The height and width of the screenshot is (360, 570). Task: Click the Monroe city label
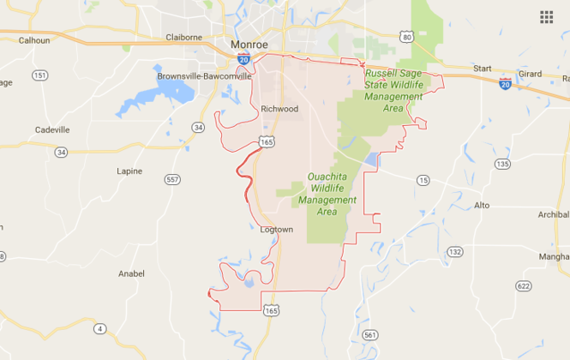tap(250, 45)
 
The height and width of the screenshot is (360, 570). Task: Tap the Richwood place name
tap(279, 109)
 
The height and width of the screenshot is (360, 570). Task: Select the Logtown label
tap(276, 230)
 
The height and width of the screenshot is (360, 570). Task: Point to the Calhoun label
tap(34, 40)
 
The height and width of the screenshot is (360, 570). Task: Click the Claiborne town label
tap(183, 37)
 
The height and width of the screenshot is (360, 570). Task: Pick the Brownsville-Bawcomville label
tap(204, 76)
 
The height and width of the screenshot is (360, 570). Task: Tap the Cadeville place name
tap(52, 129)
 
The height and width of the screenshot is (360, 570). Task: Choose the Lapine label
tap(129, 171)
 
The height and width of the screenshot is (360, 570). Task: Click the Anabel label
tap(131, 274)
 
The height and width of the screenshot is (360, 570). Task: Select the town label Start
tap(483, 69)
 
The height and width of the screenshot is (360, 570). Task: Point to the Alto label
tap(482, 206)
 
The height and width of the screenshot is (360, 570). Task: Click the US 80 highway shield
tap(407, 36)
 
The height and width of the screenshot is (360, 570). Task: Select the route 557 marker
tap(172, 179)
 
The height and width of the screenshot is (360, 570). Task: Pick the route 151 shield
tap(39, 75)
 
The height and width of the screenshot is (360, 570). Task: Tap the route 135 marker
tap(502, 163)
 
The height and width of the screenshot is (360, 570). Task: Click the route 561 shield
tap(369, 333)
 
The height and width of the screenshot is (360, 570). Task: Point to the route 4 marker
tap(100, 328)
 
